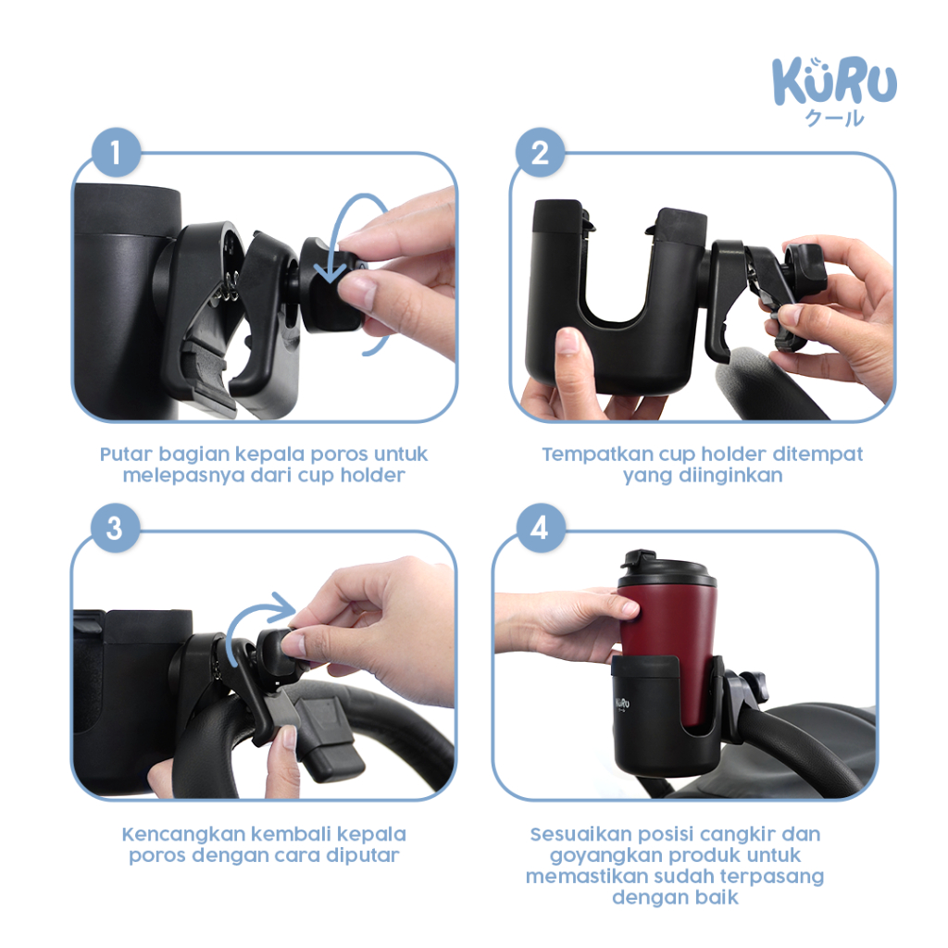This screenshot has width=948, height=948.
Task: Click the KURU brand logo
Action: (x=834, y=91)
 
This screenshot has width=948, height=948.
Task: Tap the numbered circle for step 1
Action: (x=116, y=153)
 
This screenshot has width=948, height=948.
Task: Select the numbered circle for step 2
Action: (x=540, y=153)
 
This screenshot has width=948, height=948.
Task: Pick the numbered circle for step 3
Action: (x=115, y=528)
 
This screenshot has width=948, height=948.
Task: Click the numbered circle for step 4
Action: (x=540, y=528)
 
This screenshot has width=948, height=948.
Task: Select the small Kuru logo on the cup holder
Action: (x=622, y=704)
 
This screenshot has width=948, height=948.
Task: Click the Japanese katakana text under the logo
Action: (x=834, y=118)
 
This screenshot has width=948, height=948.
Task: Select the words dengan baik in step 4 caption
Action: (x=675, y=898)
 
